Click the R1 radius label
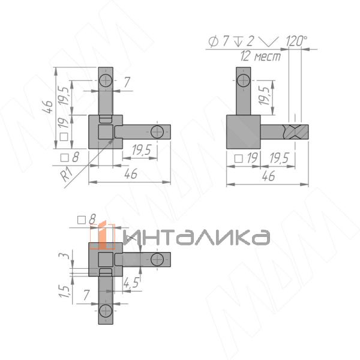67,174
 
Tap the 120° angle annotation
296,41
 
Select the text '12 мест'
260,56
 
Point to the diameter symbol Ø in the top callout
213,41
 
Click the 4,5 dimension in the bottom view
131,283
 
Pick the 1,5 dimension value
64,292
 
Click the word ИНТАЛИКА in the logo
197,238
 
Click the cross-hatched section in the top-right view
295,132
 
